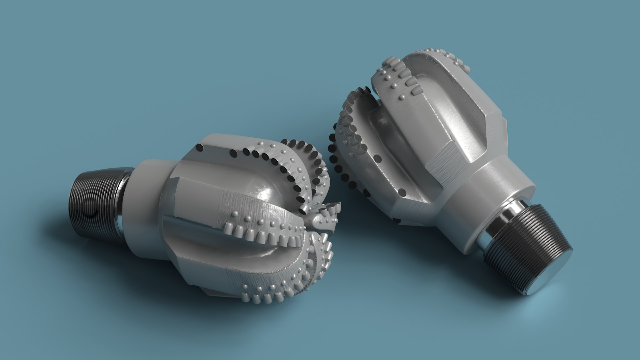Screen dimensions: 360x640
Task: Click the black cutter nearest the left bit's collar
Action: point(200,148)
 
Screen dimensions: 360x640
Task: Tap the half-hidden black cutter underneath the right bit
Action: point(397,221)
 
